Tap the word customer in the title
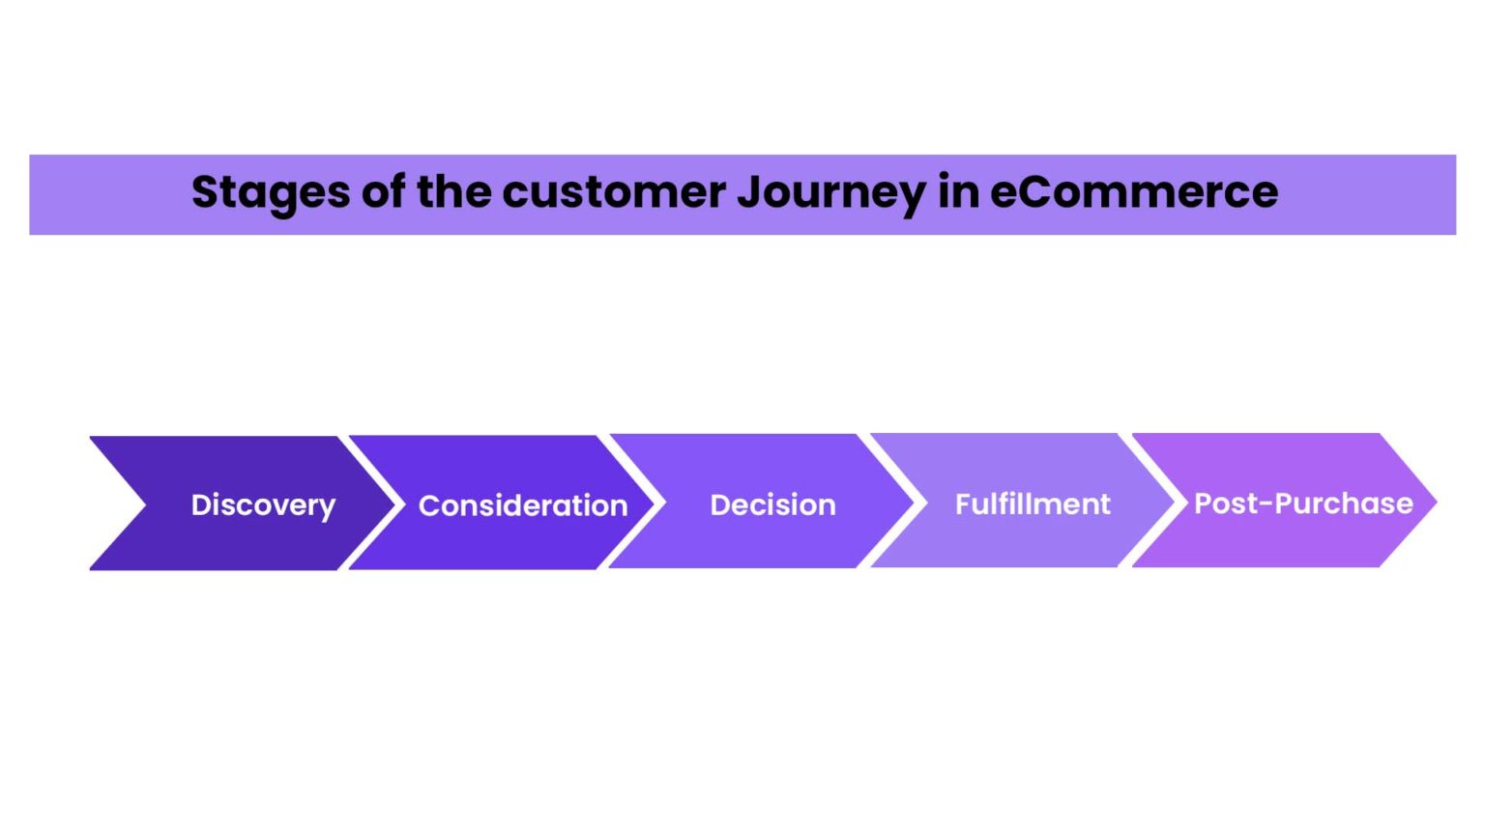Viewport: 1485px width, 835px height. [x=614, y=192]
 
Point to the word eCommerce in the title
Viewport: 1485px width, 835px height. [x=1134, y=192]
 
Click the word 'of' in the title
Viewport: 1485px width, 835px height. [x=383, y=192]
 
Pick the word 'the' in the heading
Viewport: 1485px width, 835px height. [x=453, y=192]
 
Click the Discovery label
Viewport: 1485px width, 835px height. [x=263, y=505]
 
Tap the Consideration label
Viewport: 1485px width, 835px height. [x=523, y=505]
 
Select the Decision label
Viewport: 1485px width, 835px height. [x=772, y=504]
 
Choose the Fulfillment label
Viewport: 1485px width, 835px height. [x=1033, y=504]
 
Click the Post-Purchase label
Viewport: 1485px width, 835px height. [x=1303, y=503]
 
